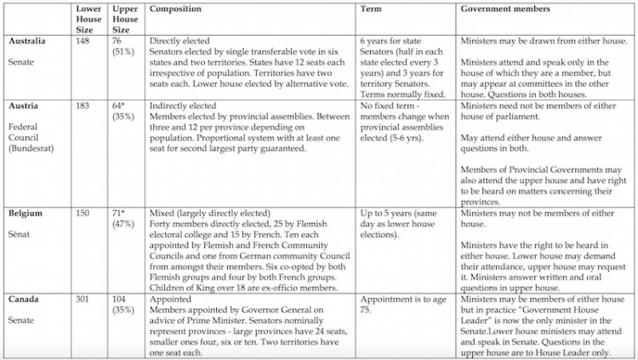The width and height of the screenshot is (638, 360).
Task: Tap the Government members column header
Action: coord(506,9)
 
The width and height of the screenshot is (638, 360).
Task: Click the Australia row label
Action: coord(28,40)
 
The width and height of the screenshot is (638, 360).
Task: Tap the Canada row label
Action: coord(26,300)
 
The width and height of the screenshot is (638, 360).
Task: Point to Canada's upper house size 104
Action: coord(122,300)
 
